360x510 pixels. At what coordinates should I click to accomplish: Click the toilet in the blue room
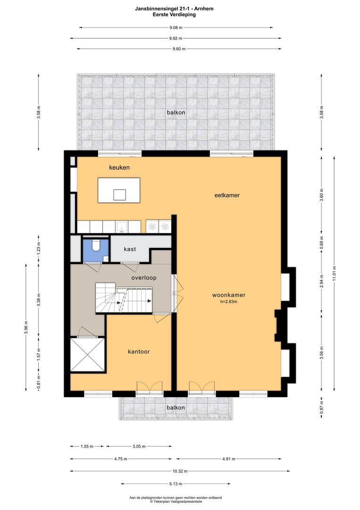(x=96, y=246)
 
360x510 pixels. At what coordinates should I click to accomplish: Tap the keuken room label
(x=119, y=168)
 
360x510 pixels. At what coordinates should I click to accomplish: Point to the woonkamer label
(x=228, y=295)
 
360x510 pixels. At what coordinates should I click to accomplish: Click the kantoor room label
(x=139, y=352)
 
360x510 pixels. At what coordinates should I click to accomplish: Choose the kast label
(x=130, y=249)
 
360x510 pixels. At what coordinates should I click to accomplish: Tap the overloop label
(x=144, y=278)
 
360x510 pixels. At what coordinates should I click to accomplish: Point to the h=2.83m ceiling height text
(x=228, y=302)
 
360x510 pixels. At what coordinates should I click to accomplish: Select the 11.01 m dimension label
(x=335, y=274)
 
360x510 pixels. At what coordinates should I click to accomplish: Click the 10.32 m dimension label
(x=176, y=471)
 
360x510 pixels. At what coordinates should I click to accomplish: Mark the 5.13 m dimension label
(x=176, y=484)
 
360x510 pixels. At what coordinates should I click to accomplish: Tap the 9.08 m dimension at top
(x=176, y=27)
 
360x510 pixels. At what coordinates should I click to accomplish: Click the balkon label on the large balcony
(x=176, y=112)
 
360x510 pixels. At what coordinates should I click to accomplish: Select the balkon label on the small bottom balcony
(x=176, y=408)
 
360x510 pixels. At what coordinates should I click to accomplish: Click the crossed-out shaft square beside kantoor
(x=87, y=355)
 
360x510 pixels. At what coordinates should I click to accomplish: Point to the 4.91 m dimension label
(x=229, y=459)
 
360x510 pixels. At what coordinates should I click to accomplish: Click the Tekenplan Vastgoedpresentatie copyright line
(x=176, y=501)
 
